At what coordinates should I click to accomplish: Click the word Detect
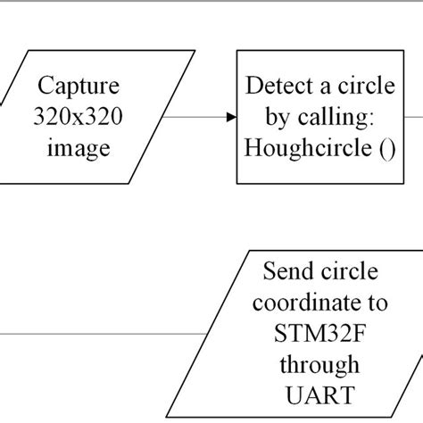coord(278,87)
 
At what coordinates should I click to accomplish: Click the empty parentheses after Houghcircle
coord(385,146)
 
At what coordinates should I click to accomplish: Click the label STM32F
coord(318,334)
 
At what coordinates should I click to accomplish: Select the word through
coord(318,364)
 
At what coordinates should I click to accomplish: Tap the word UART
coord(318,394)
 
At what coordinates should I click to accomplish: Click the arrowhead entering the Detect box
coord(231,116)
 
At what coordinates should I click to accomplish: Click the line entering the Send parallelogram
coord(107,334)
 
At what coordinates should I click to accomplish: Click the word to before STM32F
coord(376,303)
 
